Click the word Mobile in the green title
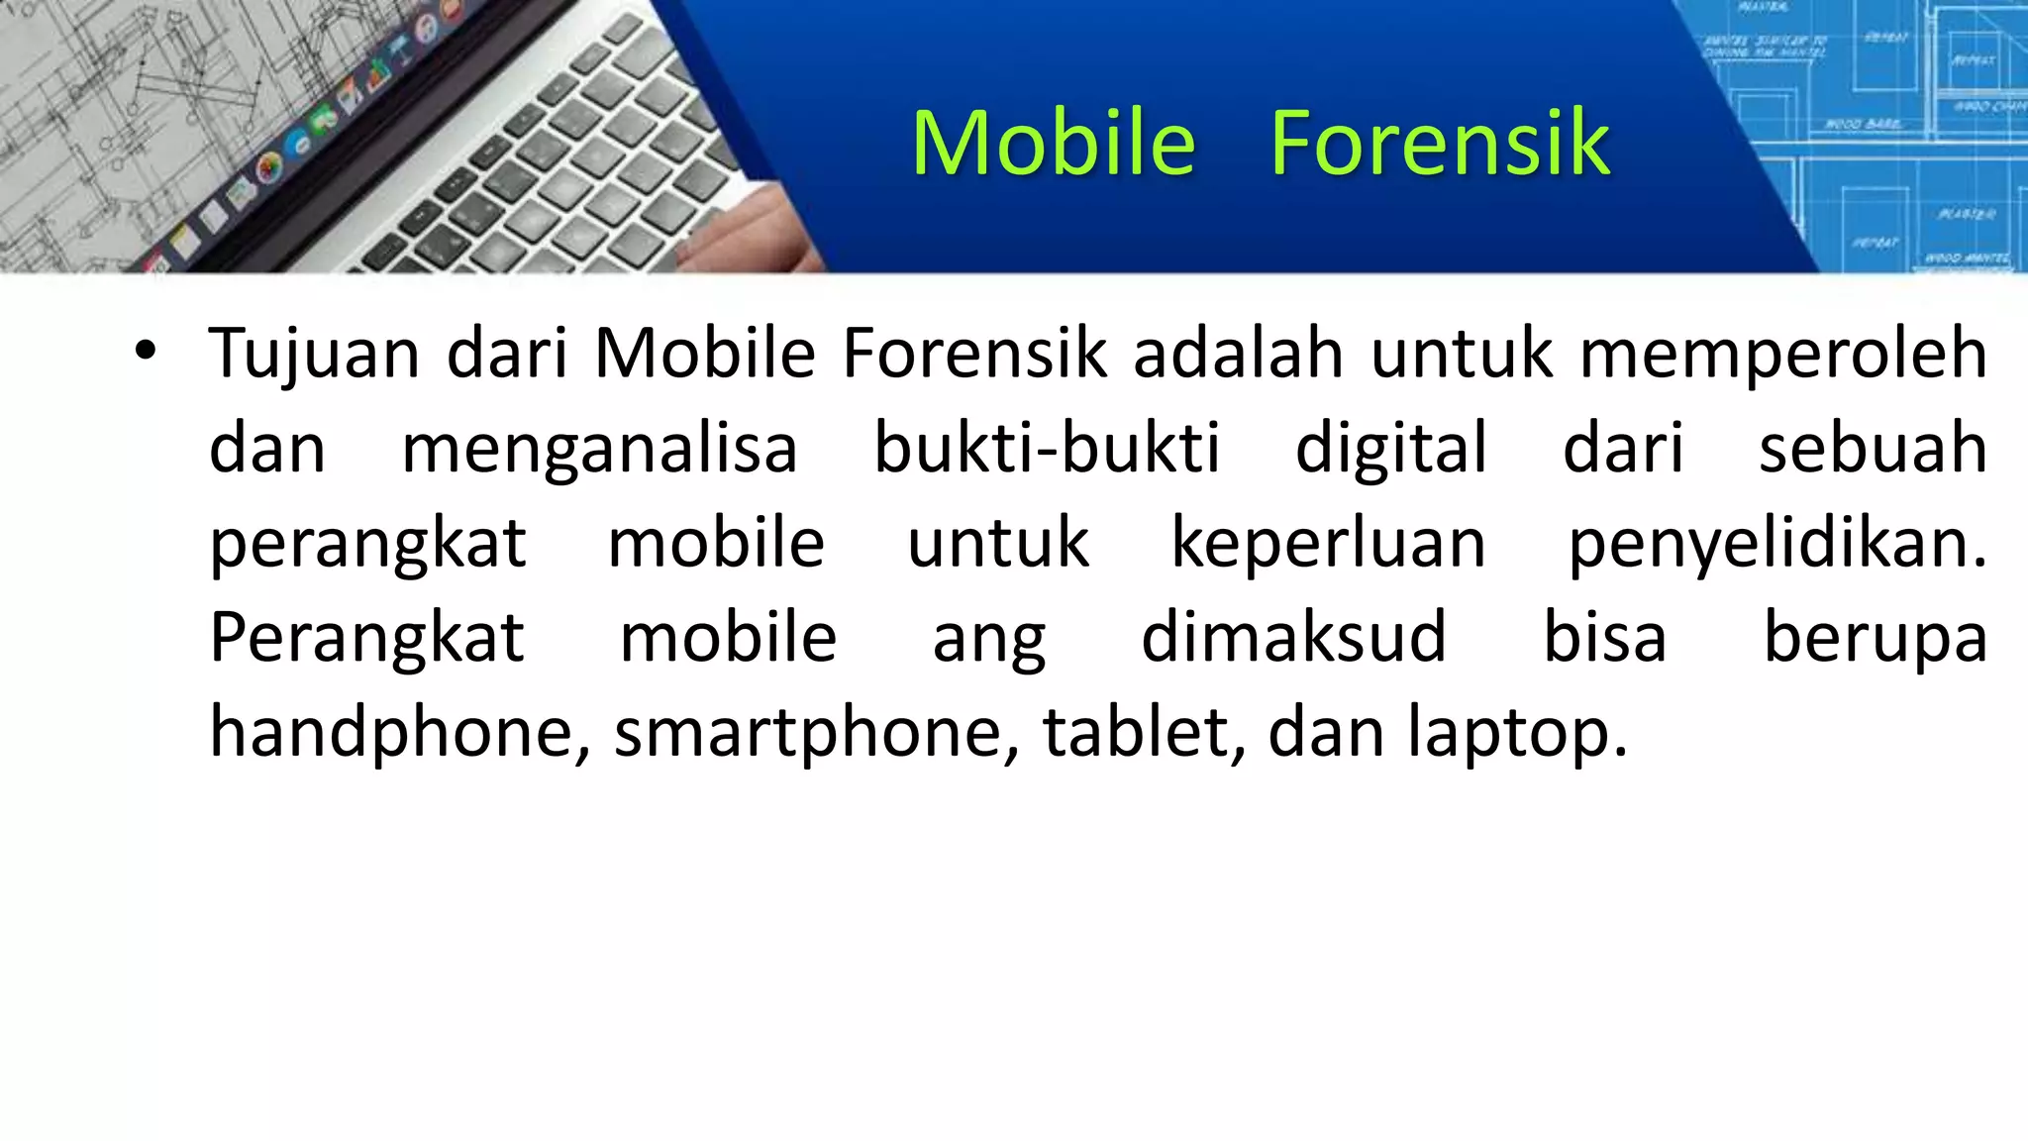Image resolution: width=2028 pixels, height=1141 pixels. (x=1053, y=144)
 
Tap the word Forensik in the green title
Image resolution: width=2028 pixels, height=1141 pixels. (x=1440, y=144)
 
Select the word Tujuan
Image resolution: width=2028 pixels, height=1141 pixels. (x=314, y=354)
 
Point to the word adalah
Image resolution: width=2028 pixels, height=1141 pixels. (x=1238, y=354)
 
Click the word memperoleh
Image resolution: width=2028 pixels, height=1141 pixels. (x=1782, y=354)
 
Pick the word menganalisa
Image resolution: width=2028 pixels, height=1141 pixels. (x=599, y=449)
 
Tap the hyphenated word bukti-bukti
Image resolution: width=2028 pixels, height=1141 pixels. (x=1047, y=449)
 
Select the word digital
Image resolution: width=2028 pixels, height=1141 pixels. (x=1391, y=449)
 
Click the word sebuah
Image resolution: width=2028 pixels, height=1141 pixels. (x=1873, y=449)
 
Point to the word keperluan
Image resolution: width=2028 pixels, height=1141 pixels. (x=1328, y=544)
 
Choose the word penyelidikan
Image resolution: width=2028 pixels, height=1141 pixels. (x=1777, y=544)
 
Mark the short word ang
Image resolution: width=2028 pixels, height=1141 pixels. (x=988, y=641)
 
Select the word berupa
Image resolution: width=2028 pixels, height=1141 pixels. (x=1876, y=641)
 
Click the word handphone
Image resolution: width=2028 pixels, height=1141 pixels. (x=400, y=734)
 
